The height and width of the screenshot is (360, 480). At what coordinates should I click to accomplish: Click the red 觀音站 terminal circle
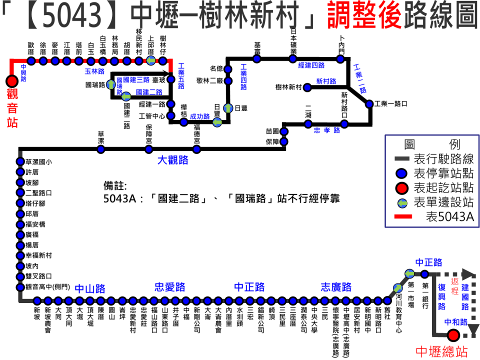click(x=11, y=81)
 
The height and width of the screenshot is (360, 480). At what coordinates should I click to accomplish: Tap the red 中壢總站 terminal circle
click(x=453, y=335)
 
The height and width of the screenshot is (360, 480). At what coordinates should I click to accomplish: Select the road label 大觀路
click(x=172, y=160)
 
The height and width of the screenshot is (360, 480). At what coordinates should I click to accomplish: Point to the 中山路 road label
click(x=90, y=288)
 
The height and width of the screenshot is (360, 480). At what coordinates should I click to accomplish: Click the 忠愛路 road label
click(x=170, y=287)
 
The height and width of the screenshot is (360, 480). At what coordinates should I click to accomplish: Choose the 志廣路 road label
click(x=336, y=287)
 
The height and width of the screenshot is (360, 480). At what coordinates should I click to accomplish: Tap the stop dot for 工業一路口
click(x=369, y=104)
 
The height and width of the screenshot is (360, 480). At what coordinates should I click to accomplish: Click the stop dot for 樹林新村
click(x=308, y=87)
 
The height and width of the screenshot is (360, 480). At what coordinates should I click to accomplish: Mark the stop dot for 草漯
click(x=101, y=148)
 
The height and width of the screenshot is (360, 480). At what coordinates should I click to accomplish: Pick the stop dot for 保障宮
click(x=149, y=148)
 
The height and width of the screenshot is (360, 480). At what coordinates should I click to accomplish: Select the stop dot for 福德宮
click(x=196, y=148)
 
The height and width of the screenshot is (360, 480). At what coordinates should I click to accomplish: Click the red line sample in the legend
click(x=402, y=216)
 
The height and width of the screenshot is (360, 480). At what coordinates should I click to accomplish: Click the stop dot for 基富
click(x=257, y=58)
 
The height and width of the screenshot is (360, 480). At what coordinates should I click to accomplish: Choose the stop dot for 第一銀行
click(x=424, y=273)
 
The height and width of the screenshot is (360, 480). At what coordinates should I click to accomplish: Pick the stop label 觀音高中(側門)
click(x=46, y=287)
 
